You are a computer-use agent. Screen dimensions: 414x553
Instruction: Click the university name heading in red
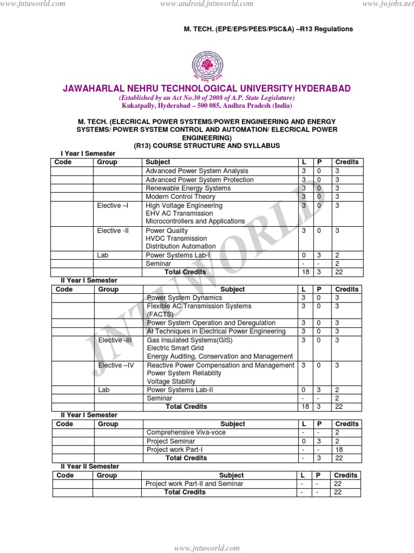(x=207, y=89)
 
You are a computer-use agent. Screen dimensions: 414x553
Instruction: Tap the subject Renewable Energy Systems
(x=188, y=188)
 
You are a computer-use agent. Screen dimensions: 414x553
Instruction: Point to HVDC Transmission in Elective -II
(x=176, y=238)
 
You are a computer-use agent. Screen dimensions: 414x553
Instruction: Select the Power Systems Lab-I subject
(x=178, y=255)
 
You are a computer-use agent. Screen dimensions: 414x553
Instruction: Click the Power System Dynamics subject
(x=184, y=298)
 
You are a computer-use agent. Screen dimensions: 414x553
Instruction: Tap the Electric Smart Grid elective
(x=176, y=348)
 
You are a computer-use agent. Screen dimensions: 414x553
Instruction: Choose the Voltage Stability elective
(x=171, y=381)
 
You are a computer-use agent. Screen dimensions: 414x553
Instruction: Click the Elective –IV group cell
(x=116, y=365)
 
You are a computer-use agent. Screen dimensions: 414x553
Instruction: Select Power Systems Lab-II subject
(x=180, y=389)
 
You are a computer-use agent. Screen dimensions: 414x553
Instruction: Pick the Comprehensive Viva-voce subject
(x=186, y=433)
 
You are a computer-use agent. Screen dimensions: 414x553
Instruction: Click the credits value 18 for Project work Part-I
(x=339, y=449)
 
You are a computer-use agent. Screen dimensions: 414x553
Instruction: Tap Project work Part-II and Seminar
(x=195, y=484)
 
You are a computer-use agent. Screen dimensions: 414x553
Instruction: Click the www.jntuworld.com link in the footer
(x=206, y=548)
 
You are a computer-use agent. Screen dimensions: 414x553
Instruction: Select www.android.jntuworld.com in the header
(x=207, y=4)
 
